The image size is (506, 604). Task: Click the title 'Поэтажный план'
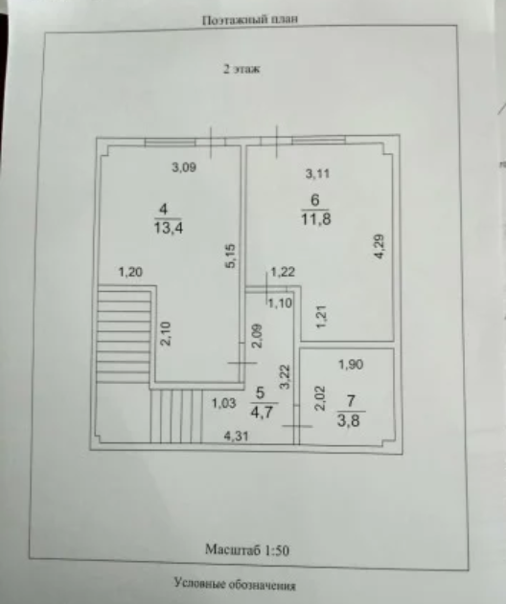[x=250, y=19]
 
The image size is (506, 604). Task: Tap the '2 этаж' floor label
[x=241, y=69]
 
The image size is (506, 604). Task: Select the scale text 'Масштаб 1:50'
[x=247, y=549]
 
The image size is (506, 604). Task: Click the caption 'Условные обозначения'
[x=235, y=584]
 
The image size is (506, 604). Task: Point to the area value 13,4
[x=169, y=228]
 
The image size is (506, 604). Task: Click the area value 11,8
[x=316, y=219]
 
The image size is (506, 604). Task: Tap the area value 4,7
[x=262, y=413]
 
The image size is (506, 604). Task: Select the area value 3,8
[x=349, y=420]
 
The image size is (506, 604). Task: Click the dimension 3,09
[x=184, y=168]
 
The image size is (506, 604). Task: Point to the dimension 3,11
[x=317, y=173]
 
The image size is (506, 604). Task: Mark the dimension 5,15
[x=230, y=256]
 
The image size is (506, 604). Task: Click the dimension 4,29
[x=379, y=247]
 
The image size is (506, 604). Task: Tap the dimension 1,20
[x=130, y=273]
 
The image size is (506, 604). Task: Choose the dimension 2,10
[x=166, y=333]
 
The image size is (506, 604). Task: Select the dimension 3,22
[x=285, y=377]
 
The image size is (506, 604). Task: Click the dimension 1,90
[x=351, y=365]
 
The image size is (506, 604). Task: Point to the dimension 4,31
[x=237, y=436]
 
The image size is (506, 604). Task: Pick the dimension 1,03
[x=223, y=403]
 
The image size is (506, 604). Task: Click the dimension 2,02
[x=320, y=398]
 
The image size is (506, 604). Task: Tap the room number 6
[x=315, y=200]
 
